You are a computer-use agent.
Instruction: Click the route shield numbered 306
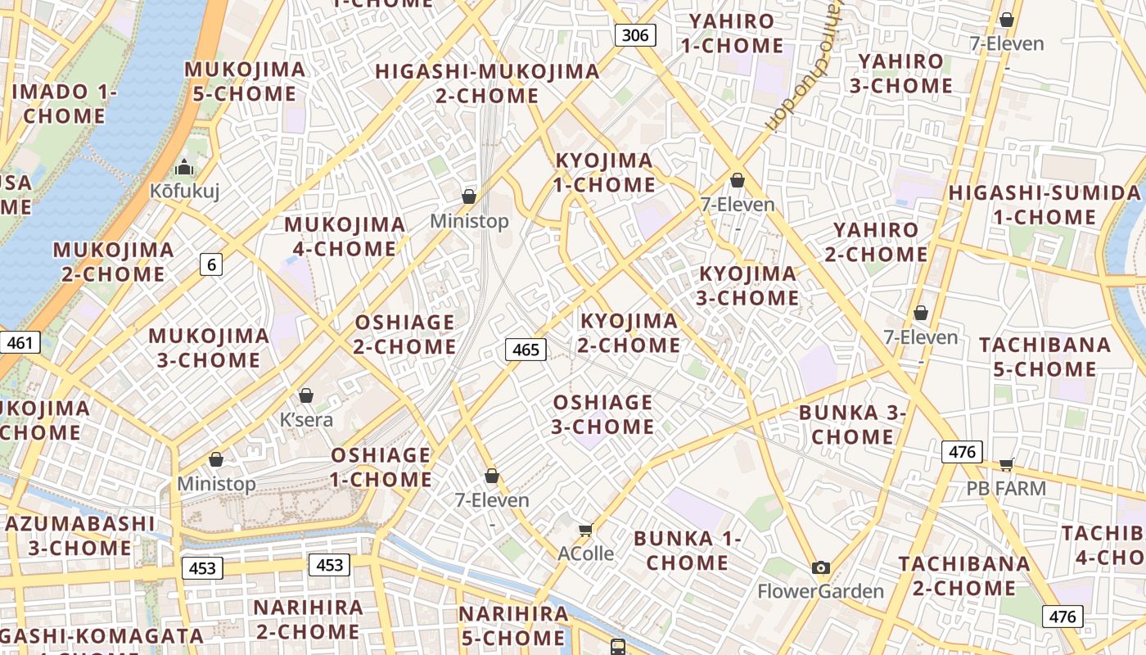635,34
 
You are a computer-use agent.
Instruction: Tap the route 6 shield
211,264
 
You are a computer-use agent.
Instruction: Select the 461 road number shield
20,341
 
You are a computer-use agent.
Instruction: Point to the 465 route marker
526,350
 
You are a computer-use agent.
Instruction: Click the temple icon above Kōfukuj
185,168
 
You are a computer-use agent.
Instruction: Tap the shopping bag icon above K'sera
306,396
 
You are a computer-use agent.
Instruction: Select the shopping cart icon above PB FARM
1007,465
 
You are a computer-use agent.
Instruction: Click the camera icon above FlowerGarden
821,567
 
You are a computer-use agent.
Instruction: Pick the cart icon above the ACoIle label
586,531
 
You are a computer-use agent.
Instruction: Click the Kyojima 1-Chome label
604,173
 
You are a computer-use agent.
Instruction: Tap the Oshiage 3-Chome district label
603,414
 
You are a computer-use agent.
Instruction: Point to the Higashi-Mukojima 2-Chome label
488,84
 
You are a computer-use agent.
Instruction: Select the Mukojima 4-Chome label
345,236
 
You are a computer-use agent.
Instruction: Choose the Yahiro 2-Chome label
876,242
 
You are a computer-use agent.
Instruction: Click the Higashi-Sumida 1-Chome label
1044,205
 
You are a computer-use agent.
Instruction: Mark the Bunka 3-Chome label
852,424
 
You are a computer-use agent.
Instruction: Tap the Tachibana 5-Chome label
1044,357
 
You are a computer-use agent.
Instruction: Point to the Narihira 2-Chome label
308,619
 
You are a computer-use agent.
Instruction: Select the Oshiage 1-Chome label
381,467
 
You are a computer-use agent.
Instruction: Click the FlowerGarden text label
821,591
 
